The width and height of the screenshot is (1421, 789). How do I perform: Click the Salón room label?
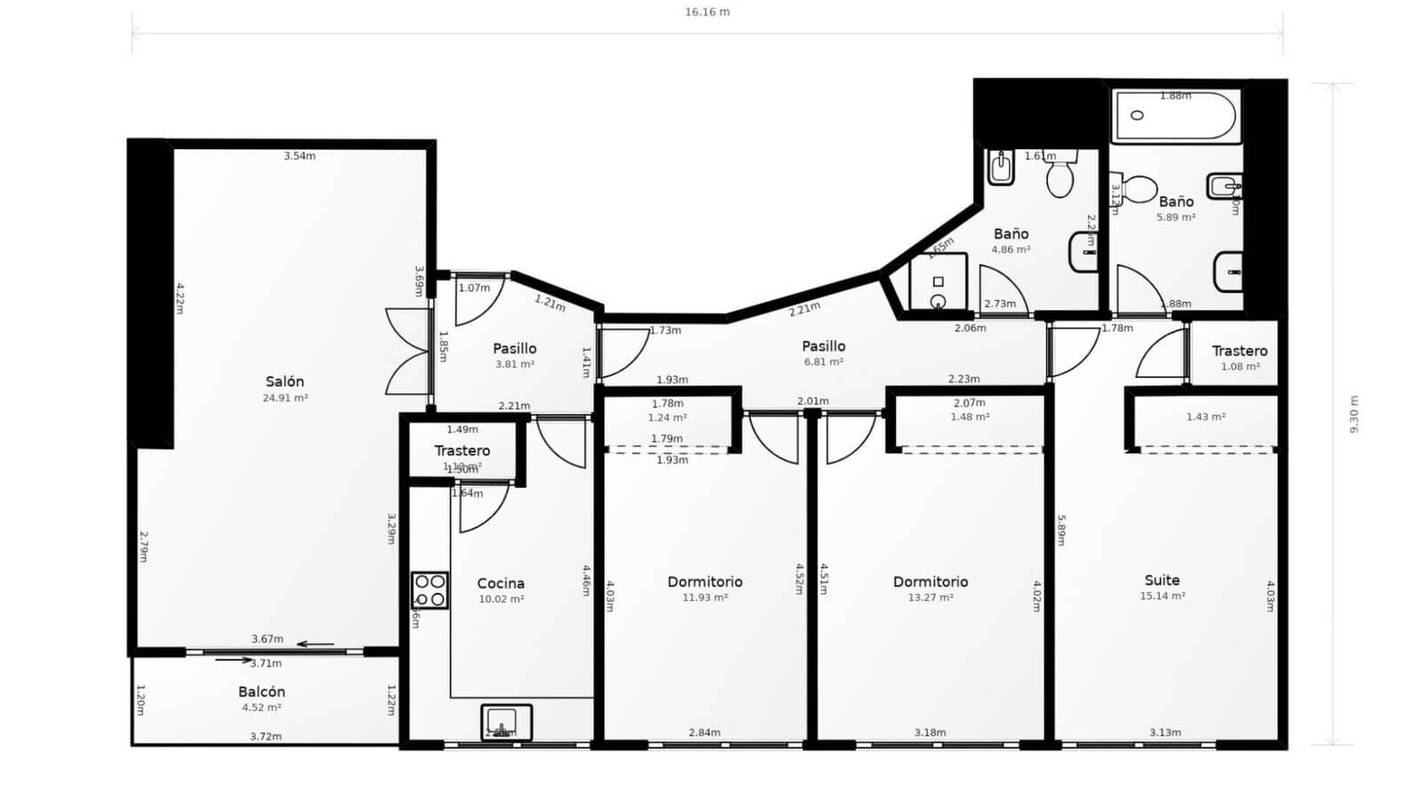coord(284,382)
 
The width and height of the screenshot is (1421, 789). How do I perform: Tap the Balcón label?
coord(261,691)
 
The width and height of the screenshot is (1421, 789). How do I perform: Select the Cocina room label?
coord(501,583)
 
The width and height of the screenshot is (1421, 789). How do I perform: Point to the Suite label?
coord(1162,580)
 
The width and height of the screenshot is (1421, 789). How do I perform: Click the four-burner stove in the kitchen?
coord(430,591)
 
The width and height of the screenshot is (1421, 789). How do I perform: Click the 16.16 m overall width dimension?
coord(707,12)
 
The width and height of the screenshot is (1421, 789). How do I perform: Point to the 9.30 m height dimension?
coord(1354,414)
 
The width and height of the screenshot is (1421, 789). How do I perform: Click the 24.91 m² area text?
coord(284,398)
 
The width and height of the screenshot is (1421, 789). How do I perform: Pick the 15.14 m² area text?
coord(1162,596)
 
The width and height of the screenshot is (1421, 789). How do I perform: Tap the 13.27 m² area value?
coord(930,597)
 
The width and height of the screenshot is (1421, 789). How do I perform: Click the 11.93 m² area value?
coord(705,597)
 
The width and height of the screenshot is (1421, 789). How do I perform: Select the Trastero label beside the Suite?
coord(1239,351)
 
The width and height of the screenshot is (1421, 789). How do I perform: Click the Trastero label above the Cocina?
coord(462,451)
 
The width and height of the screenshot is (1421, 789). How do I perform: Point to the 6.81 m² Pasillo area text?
coord(823,362)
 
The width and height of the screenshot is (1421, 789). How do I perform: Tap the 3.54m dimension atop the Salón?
coord(299,156)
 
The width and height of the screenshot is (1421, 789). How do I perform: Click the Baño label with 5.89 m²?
coord(1175,201)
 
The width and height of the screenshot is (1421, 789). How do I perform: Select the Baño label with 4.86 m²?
coord(1011,233)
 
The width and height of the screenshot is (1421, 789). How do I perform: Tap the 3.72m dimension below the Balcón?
coord(266,737)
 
